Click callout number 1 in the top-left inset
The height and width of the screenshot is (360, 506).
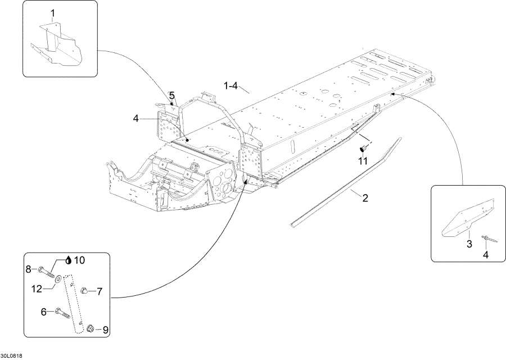pos(53,13)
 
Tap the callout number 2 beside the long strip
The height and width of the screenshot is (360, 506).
pos(365,197)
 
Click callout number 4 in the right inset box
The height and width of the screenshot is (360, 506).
pos(485,254)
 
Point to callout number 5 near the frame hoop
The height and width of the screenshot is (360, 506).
pos(172,95)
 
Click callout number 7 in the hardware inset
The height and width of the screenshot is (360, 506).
pos(99,291)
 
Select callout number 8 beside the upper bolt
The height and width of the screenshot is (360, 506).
pos(28,270)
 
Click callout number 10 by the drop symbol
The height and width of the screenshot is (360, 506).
pos(79,260)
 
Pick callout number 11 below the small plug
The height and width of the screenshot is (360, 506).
pos(363,161)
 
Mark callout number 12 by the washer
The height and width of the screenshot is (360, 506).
pos(37,289)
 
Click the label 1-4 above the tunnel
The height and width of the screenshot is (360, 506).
pos(231,86)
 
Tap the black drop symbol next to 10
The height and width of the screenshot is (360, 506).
pos(69,260)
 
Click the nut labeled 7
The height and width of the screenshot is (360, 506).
pos(83,290)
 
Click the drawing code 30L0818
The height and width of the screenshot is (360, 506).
pos(11,355)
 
